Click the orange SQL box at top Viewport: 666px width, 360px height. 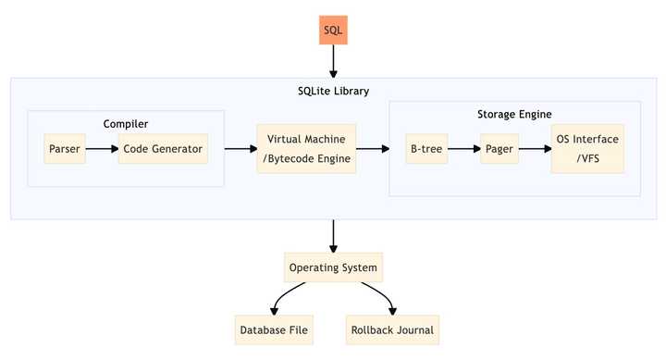332,31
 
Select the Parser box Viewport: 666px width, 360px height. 65,148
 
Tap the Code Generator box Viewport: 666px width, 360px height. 162,148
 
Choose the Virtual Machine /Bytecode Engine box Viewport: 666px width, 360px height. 305,148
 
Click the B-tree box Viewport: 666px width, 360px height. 425,148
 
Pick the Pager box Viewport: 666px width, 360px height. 499,148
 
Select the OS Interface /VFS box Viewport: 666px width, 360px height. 587,148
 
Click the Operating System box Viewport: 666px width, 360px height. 332,268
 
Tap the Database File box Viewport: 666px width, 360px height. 275,329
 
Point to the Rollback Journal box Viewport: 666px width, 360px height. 389,329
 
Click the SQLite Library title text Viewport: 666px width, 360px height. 332,92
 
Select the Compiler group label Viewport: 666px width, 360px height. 126,123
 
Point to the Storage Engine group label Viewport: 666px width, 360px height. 514,114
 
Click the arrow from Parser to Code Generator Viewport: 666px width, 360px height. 102,148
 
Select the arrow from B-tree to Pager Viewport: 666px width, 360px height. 462,148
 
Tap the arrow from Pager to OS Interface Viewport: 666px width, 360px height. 534,148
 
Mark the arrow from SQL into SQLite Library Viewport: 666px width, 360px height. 332,62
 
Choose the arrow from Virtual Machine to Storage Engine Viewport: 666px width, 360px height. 372,148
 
